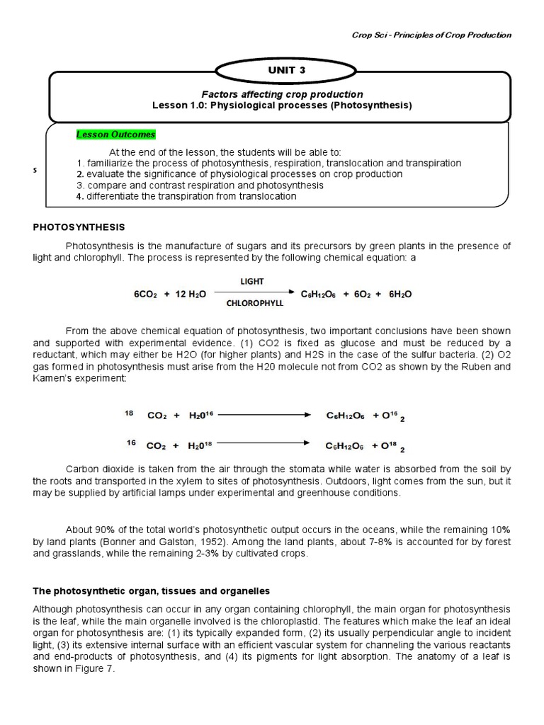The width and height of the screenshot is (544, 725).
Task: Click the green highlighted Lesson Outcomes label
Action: point(115,135)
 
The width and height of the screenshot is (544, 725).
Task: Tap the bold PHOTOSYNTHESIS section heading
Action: point(79,227)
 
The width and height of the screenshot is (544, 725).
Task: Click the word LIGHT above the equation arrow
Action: point(252,281)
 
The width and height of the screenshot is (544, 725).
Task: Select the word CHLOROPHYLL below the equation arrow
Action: point(254,302)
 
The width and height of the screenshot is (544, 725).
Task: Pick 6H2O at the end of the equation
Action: point(400,294)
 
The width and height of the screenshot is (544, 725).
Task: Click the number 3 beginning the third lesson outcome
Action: point(80,185)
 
